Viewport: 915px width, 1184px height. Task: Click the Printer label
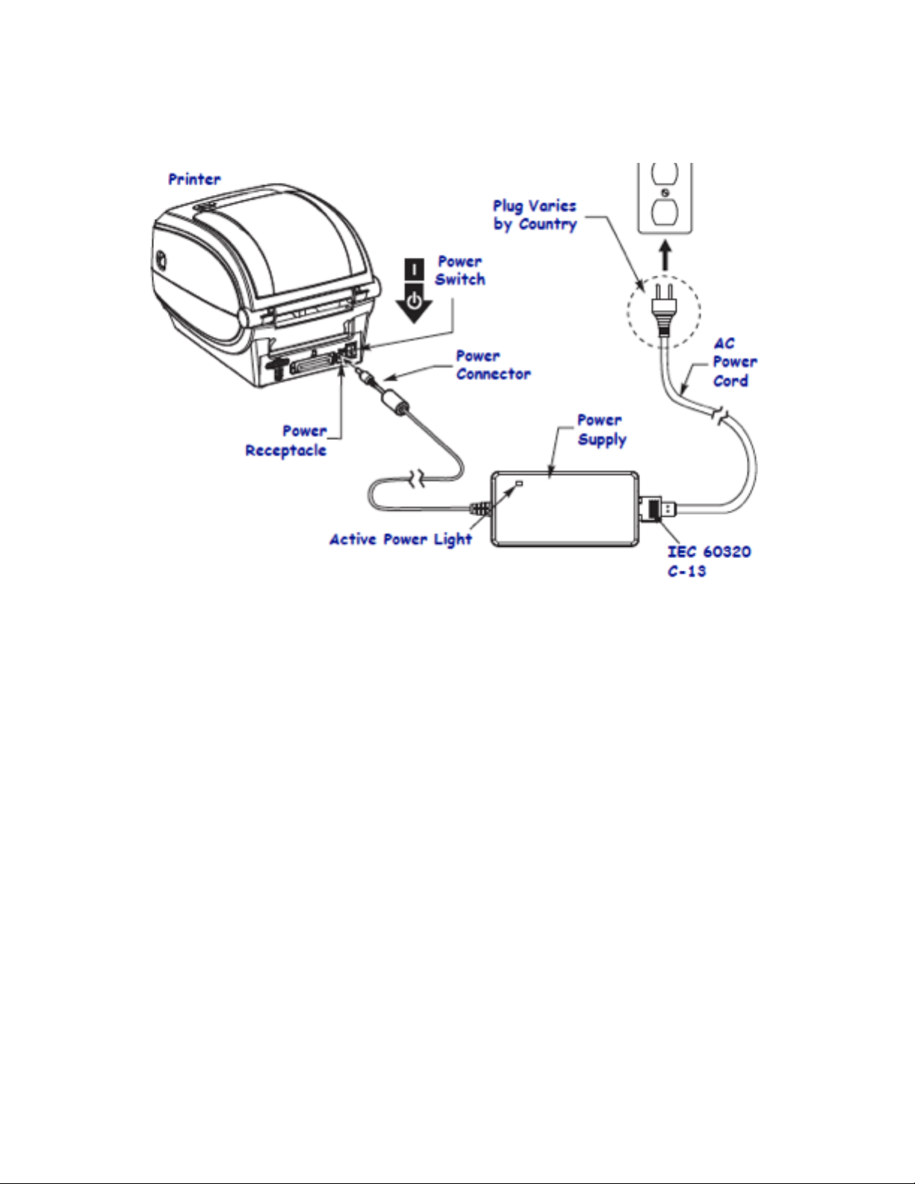[194, 179]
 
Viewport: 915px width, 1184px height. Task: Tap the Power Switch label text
[460, 270]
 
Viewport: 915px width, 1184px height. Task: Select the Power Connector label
[493, 365]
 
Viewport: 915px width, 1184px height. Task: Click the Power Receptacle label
[286, 441]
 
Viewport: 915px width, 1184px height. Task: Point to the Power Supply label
[601, 430]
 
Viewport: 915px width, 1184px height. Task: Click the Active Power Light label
[401, 539]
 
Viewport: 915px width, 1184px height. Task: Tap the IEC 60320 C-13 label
[708, 561]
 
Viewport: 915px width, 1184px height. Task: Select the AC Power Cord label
[734, 362]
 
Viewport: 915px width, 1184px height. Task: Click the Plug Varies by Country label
[535, 215]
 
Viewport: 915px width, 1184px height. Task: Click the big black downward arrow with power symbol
[414, 303]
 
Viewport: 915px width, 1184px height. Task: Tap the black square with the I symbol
[414, 269]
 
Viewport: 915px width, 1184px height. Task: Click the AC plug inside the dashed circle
[663, 308]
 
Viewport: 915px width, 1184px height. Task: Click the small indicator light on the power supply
[520, 484]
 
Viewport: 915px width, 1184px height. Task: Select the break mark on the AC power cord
[721, 417]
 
